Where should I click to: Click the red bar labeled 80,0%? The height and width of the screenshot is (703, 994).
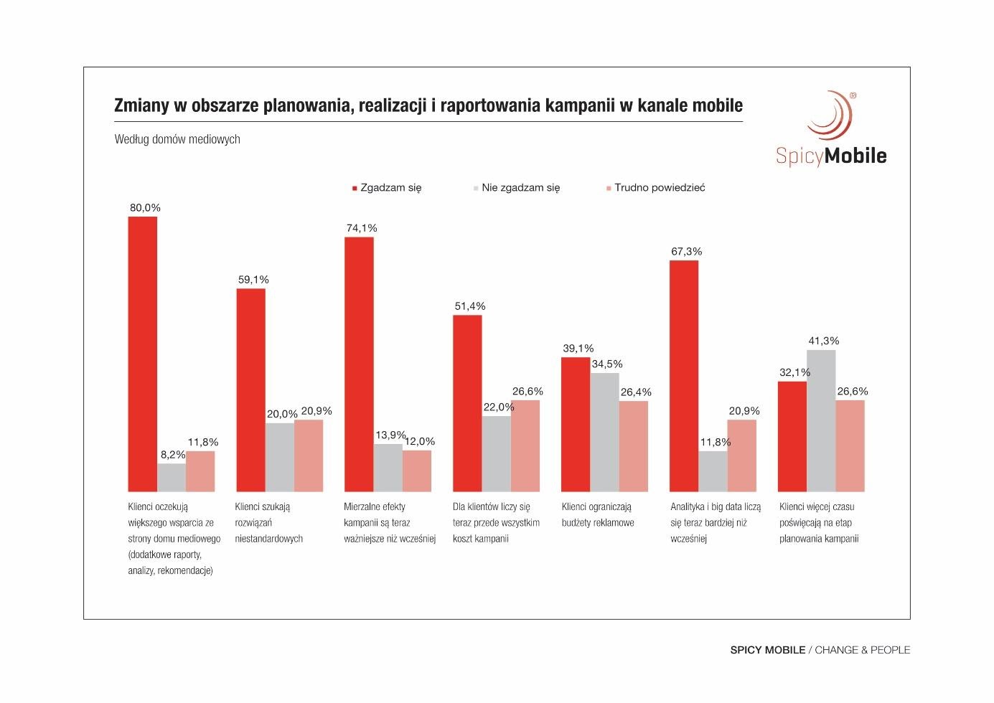click(143, 354)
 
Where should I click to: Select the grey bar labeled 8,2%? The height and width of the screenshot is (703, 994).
click(172, 477)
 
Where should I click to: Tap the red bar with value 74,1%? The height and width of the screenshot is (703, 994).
click(359, 364)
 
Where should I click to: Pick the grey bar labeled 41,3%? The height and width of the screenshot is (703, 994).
click(821, 420)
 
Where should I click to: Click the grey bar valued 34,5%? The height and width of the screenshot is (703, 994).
click(605, 432)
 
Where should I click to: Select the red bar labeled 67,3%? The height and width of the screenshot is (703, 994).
click(684, 376)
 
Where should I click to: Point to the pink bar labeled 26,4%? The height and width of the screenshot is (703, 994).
click(634, 446)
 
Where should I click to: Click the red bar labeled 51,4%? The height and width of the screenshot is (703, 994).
click(467, 403)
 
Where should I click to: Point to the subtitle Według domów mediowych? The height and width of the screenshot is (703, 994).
click(177, 139)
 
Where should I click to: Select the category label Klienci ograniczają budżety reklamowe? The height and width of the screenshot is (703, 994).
click(597, 514)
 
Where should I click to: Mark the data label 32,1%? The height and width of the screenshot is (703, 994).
click(794, 372)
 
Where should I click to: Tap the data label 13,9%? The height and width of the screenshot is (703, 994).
click(390, 435)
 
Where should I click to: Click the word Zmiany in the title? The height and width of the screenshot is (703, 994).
click(141, 106)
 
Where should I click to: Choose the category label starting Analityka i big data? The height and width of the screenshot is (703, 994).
click(715, 522)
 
